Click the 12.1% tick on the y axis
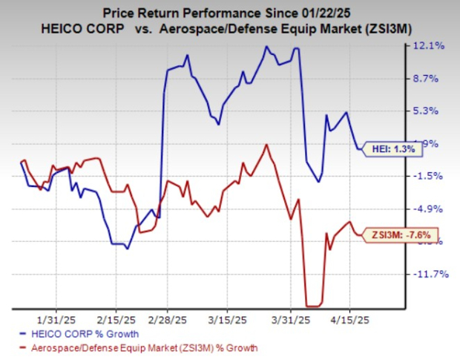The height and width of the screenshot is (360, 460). [x=430, y=46]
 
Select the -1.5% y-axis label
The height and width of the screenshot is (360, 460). [x=431, y=176]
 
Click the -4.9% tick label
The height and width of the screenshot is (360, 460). [x=431, y=209]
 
